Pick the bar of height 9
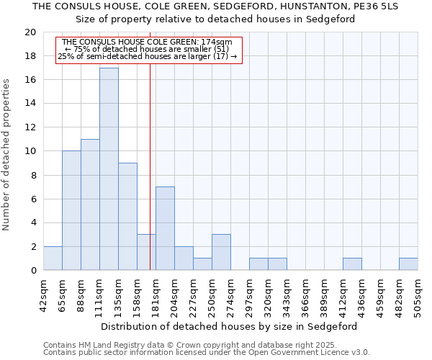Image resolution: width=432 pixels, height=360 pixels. pyautogui.click(x=127, y=217)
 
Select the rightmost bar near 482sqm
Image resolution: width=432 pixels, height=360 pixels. pyautogui.click(x=408, y=264)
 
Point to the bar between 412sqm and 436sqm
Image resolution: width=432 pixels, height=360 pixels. pyautogui.click(x=352, y=264)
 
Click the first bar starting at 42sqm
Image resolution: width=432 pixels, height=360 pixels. pyautogui.click(x=53, y=258)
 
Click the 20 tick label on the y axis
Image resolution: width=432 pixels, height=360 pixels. pyautogui.click(x=30, y=32)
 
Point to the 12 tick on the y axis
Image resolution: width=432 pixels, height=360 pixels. pyautogui.click(x=30, y=127)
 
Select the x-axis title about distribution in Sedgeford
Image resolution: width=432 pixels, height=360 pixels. pyautogui.click(x=229, y=326)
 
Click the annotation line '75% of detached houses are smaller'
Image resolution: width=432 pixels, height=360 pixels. pyautogui.click(x=148, y=49)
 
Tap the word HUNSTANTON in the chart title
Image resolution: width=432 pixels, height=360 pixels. pyautogui.click(x=313, y=6)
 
